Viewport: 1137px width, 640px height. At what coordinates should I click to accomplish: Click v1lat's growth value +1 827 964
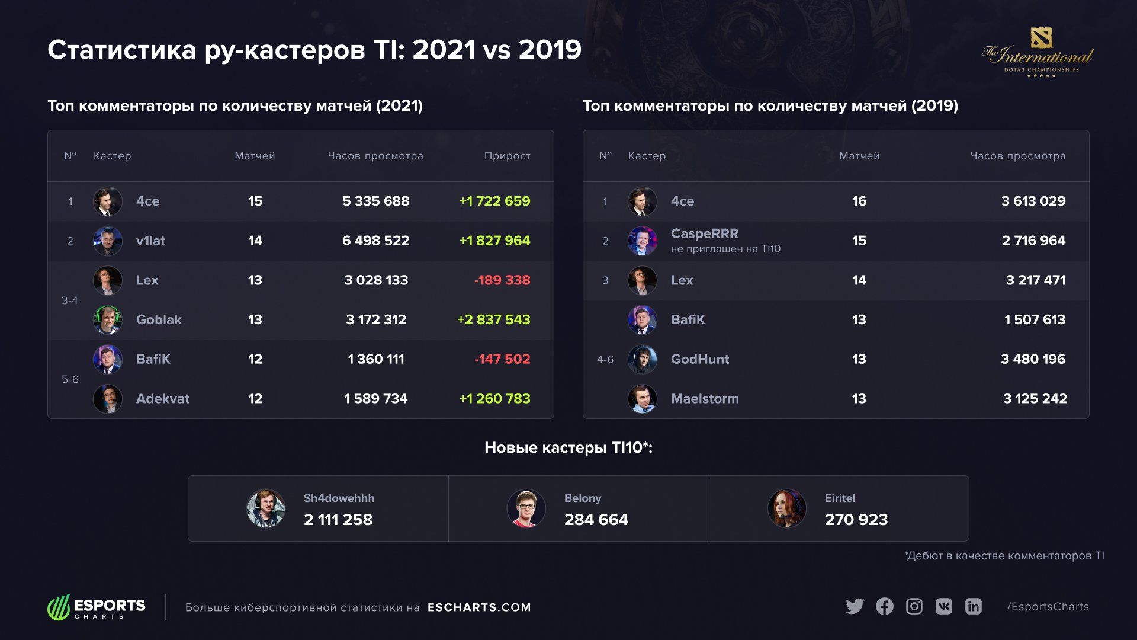click(494, 241)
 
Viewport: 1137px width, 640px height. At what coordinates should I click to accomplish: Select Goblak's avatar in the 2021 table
click(108, 320)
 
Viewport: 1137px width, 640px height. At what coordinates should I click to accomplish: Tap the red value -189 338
click(502, 280)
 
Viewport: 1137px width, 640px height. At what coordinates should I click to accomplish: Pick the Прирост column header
click(507, 156)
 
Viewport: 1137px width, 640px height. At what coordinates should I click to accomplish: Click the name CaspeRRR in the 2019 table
click(704, 233)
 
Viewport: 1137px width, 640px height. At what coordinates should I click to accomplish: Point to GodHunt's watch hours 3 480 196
click(1033, 359)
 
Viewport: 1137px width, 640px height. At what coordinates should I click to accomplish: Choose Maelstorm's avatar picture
click(643, 399)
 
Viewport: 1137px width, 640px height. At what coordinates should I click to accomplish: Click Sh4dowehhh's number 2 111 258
click(338, 520)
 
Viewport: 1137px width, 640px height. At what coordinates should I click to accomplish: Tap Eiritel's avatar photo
click(786, 508)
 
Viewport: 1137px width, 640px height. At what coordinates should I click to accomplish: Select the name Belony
click(583, 498)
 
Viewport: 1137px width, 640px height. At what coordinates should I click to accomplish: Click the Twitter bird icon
click(855, 606)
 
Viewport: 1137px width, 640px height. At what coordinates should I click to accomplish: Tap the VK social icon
click(944, 606)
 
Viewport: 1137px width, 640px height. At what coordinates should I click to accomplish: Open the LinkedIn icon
click(974, 606)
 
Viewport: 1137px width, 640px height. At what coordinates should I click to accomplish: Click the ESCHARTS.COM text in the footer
click(479, 607)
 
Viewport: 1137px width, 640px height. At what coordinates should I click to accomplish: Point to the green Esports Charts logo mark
click(59, 607)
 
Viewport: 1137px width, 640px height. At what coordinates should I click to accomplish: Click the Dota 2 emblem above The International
click(1041, 37)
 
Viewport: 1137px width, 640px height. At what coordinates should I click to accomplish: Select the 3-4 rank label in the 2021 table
click(70, 300)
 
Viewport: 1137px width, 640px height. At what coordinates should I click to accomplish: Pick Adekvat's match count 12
click(255, 399)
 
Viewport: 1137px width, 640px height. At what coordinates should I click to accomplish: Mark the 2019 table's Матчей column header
click(859, 156)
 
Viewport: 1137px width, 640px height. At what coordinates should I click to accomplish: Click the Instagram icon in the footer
click(914, 606)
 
